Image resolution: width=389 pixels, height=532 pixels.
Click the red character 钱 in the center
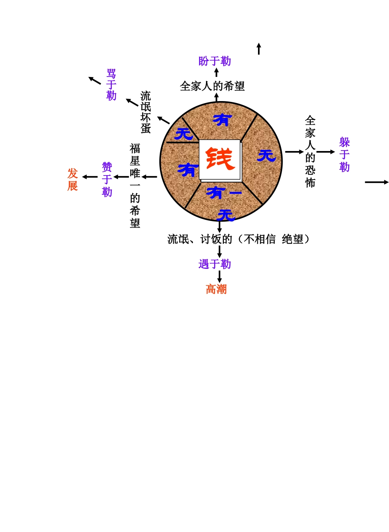(220, 159)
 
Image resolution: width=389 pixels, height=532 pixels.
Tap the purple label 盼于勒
(215, 61)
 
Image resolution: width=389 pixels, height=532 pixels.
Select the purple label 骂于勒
(111, 85)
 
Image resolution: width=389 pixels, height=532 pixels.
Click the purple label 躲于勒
(344, 155)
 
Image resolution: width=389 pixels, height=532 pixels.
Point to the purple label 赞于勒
(107, 179)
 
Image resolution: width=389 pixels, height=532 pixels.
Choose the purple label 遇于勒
(215, 264)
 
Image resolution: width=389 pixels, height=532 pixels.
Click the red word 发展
(72, 179)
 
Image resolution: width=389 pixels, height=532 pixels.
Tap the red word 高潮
(216, 289)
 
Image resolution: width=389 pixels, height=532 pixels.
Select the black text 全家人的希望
(213, 86)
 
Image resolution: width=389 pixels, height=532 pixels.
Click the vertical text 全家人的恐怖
(310, 151)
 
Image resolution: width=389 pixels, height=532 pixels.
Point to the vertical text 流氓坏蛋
(146, 112)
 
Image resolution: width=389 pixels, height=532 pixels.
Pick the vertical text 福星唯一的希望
(135, 185)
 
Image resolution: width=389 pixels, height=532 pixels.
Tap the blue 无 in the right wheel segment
(267, 155)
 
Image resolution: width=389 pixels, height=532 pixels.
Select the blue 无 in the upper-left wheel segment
(184, 133)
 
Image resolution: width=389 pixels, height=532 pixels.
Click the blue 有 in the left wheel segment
(188, 169)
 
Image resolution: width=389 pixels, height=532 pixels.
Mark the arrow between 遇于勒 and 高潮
(219, 276)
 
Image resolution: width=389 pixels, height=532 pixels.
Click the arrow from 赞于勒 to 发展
(90, 177)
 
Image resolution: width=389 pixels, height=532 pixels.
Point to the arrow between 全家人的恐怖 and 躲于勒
(326, 152)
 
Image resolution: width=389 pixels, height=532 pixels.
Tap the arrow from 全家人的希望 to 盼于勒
(217, 72)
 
